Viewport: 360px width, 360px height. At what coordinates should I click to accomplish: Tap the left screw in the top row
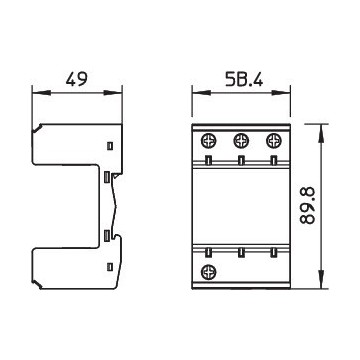(210, 141)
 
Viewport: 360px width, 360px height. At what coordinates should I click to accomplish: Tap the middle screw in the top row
(241, 141)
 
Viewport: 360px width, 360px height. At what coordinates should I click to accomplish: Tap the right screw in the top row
(271, 141)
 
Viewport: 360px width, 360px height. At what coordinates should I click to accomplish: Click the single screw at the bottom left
(210, 272)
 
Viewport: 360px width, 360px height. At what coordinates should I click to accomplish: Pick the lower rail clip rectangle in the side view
(107, 236)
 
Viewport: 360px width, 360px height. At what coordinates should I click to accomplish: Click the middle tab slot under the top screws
(241, 158)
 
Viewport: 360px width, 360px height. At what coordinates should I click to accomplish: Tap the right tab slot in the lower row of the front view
(271, 251)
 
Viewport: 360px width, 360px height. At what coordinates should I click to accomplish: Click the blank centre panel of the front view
(241, 205)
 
